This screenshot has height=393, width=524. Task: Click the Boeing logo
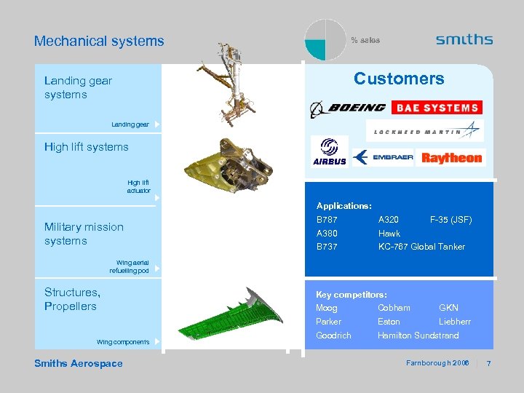[348, 108]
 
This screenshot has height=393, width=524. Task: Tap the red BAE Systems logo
[437, 108]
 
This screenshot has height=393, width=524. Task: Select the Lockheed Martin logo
[426, 131]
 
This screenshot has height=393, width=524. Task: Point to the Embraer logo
[383, 157]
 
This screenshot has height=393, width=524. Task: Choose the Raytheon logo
[451, 158]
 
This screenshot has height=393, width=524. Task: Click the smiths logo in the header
[464, 40]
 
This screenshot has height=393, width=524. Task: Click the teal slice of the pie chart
[316, 49]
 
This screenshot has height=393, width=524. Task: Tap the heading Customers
[398, 79]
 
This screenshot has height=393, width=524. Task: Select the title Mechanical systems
[99, 41]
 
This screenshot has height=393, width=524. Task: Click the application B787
[327, 220]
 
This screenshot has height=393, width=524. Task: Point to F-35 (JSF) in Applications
[450, 220]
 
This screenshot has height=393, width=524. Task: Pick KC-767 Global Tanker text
[421, 247]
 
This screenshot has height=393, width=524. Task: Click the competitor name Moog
[327, 308]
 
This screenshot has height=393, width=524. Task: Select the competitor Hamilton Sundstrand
[418, 336]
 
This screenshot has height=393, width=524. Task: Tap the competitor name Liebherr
[454, 322]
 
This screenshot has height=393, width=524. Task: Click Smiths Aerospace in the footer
[79, 364]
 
